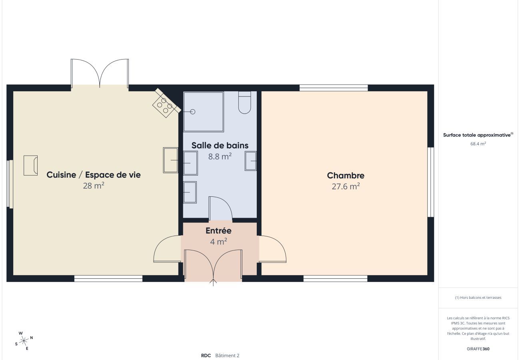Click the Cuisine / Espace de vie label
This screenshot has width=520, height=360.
pos(94,175)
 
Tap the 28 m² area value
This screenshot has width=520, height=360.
pos(94,186)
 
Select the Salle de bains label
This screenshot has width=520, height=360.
pos(220,145)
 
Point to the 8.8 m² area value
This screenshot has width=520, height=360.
pos(220,156)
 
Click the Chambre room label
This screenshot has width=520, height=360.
pos(346,175)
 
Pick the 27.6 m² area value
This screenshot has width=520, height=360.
pos(346,186)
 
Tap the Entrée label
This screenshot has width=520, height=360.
pos(218,231)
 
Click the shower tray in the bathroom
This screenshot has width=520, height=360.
pos(203,112)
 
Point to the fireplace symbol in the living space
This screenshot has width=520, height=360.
pos(30,165)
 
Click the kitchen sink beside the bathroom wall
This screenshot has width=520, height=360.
pos(171,160)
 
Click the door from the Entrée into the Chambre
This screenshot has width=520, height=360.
pos(273,249)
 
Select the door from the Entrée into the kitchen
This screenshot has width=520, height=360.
pos(167,249)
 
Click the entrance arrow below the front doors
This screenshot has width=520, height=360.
pos(213,283)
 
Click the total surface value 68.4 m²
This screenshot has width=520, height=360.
pos(478,144)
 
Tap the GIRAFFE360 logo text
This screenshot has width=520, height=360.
pos(478,349)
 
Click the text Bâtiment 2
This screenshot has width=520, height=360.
pos(227,355)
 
